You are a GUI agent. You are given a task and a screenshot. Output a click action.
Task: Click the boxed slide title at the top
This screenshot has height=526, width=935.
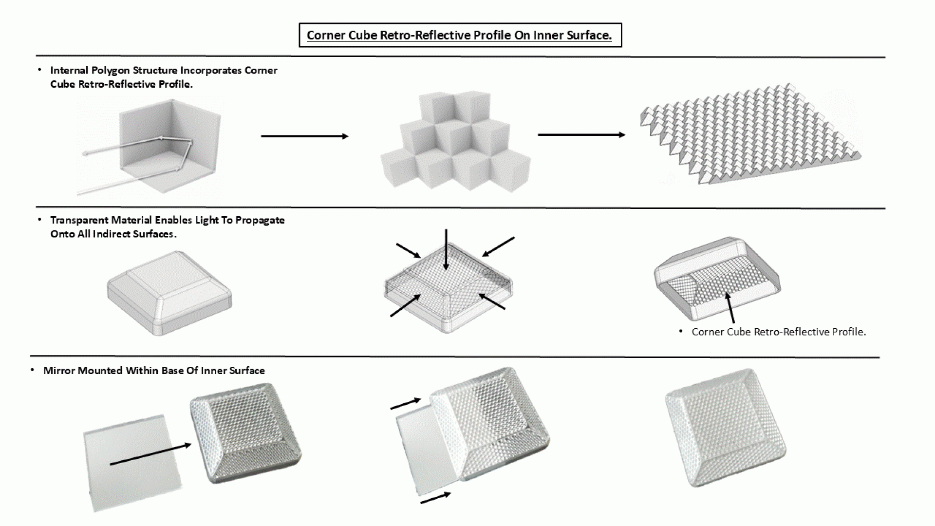[460, 36]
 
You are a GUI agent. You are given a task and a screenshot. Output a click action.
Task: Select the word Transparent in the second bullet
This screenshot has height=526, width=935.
[79, 220]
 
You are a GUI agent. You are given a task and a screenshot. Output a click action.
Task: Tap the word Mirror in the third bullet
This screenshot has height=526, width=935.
[59, 371]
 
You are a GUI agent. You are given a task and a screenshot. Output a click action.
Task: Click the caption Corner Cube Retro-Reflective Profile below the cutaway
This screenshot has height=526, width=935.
[778, 332]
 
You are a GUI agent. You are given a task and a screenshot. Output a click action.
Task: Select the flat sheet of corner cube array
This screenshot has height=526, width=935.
[750, 136]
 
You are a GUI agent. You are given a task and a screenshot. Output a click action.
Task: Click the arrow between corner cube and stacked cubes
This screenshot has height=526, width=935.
[304, 136]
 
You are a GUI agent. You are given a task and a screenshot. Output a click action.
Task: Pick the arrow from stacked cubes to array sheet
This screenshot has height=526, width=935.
[581, 135]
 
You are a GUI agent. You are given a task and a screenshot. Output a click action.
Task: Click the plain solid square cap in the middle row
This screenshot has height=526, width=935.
[169, 293]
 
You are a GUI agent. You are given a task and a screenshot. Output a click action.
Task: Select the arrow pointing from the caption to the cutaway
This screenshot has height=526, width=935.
[730, 307]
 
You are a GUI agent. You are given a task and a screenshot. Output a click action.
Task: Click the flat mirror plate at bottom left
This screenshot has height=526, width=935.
[131, 463]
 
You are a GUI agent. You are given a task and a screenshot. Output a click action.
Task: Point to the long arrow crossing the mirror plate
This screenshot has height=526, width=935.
[150, 454]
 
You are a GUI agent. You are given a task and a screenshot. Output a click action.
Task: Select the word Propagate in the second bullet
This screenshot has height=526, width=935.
[260, 220]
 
